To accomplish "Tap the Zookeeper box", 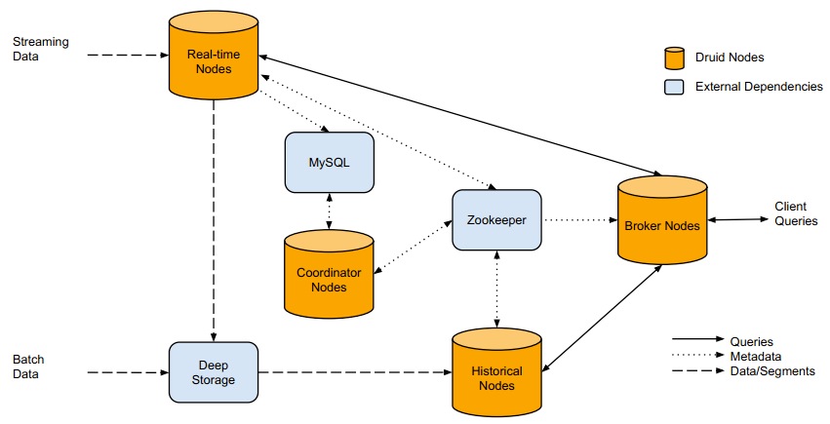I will point(496,220).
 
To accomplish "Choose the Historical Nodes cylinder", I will point(497,374).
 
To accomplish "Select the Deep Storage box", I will point(213,371).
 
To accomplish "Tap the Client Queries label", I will point(796,214).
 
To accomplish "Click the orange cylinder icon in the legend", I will point(673,58).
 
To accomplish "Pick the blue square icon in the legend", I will point(673,87).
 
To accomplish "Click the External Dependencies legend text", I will point(759,87).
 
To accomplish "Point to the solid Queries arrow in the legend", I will point(696,340).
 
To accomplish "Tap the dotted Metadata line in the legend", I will point(696,356).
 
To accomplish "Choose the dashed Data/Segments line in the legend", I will point(696,371).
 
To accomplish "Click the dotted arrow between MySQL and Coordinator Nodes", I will point(329,211).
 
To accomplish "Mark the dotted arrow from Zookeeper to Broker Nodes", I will point(579,220).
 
